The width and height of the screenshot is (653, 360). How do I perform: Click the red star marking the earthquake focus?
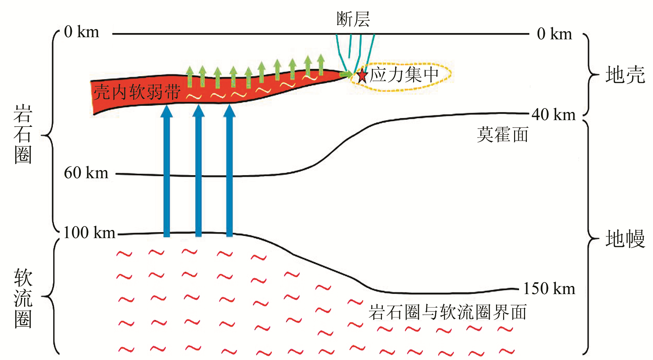coord(362,75)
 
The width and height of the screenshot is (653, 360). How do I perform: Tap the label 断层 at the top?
coord(353,19)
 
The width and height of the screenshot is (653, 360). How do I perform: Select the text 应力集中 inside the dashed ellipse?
coord(404,75)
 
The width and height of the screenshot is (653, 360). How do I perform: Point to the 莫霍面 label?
coord(502,135)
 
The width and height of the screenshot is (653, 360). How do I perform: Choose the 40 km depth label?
coord(553,115)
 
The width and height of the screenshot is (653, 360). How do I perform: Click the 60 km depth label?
coord(86,173)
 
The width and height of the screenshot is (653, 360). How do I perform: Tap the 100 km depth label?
coord(89,233)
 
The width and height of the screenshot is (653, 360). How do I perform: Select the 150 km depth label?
coord(549,289)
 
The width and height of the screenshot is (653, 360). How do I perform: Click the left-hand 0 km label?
coord(81,32)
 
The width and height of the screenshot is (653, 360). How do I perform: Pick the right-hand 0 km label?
coord(554,34)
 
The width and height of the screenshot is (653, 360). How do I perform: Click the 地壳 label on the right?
coord(625,75)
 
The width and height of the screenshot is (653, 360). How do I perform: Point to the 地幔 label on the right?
coord(625,239)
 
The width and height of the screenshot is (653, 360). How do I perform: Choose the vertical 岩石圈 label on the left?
coord(23,134)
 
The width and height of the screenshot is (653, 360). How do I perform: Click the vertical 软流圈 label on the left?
coord(23,298)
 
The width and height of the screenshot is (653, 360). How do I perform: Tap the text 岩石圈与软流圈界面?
coord(447,313)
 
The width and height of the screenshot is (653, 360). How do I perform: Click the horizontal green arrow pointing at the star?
coord(346,74)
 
